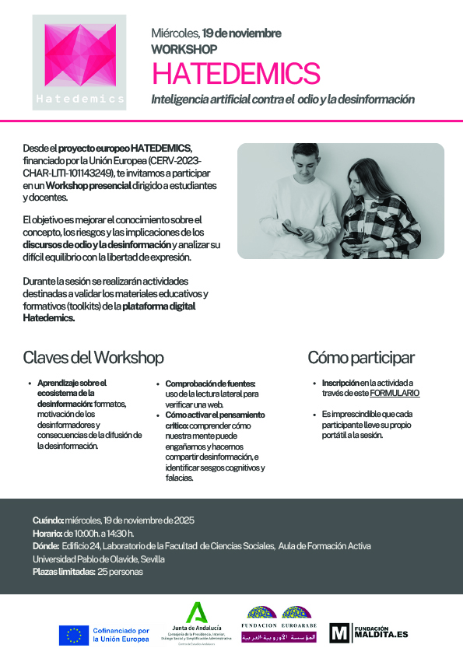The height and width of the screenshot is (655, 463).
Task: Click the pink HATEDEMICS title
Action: [x=236, y=73]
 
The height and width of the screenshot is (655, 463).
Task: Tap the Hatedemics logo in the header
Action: [x=80, y=62]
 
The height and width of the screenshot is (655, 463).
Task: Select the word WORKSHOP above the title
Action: [x=184, y=49]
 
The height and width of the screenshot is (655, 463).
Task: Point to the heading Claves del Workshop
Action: [x=93, y=358]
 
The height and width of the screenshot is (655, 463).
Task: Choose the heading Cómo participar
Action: [x=360, y=358]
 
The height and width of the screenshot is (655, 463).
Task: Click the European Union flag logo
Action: [x=74, y=635]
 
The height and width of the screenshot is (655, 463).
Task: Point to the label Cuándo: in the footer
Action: [x=48, y=520]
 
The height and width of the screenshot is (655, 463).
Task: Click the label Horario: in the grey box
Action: [x=47, y=533]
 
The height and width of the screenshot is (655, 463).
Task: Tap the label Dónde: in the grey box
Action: [x=46, y=546]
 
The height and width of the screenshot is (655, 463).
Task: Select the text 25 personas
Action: [x=121, y=572]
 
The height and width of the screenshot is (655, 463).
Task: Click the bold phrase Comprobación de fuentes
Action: [x=210, y=384]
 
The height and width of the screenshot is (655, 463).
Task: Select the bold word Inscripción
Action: [x=340, y=383]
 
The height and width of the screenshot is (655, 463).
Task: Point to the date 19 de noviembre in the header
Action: [x=242, y=33]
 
